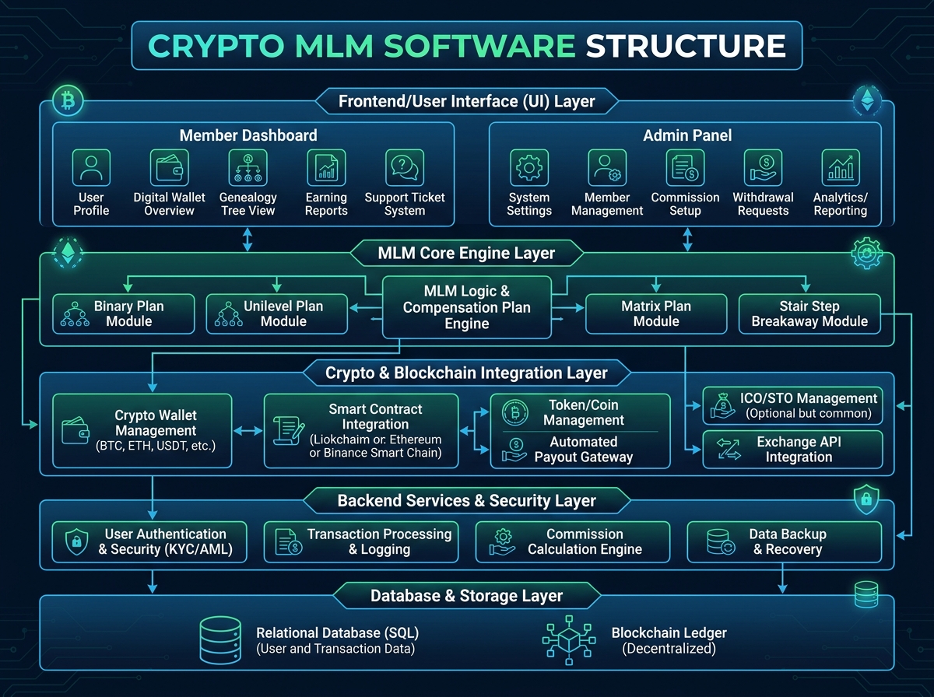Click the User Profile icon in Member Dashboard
[x=91, y=167]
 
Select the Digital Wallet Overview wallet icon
[x=169, y=167]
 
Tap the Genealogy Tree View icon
[x=248, y=167]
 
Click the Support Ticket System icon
[x=405, y=167]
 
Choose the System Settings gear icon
[x=529, y=167]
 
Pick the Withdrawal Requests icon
[x=763, y=167]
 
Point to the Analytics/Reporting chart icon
[x=841, y=167]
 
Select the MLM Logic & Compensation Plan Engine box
[x=466, y=307]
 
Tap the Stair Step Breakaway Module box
[x=809, y=313]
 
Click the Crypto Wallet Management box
[x=142, y=430]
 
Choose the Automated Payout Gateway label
[x=583, y=449]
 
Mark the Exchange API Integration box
[x=792, y=449]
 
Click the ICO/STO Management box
[x=792, y=405]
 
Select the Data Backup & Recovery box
[x=784, y=541]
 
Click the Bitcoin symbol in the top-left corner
[x=67, y=101]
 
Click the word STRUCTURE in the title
[x=685, y=46]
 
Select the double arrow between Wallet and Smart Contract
[x=248, y=430]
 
